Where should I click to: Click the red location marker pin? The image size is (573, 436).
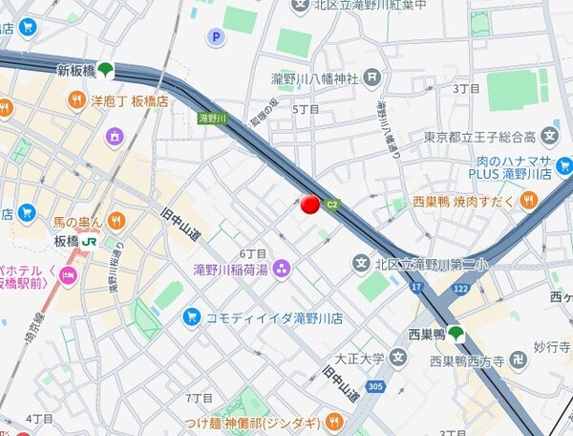coord(309,203)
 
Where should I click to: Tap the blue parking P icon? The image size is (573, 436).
coord(216,37)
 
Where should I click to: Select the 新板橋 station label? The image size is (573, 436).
coord(75,70)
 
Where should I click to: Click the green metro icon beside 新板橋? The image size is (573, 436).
coord(106,70)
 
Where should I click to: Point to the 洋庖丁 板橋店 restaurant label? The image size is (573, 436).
coord(129,99)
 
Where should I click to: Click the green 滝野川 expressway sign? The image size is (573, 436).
coord(213,118)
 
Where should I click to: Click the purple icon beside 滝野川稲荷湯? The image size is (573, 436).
coord(281,269)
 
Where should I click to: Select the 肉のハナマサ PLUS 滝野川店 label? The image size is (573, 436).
coord(510,167)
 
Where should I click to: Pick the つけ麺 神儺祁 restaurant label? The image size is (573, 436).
coord(258,420)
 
